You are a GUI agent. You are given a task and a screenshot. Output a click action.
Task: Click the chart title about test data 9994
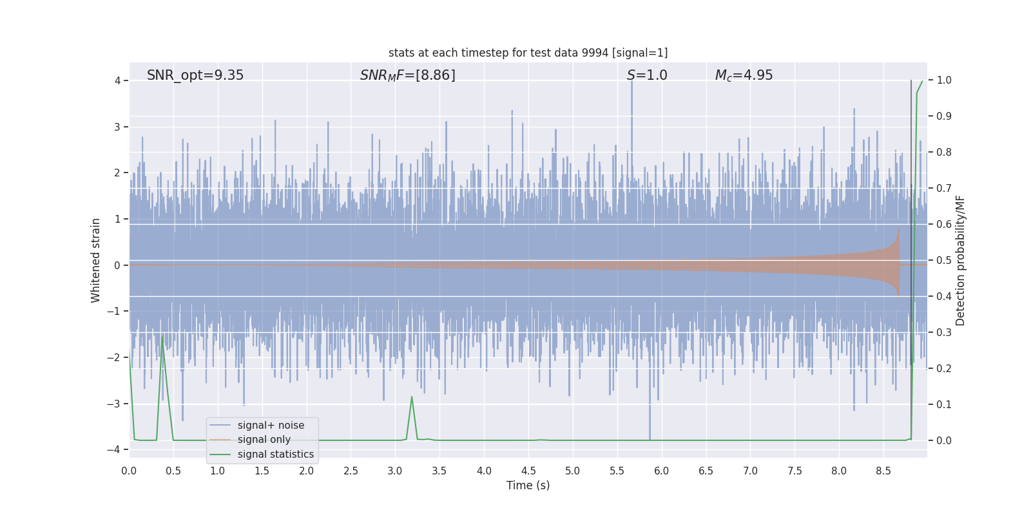pyautogui.click(x=528, y=53)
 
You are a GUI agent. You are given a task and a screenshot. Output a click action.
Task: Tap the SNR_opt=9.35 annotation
pyautogui.click(x=195, y=75)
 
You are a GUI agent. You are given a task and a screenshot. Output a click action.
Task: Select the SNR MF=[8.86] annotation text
pyautogui.click(x=407, y=75)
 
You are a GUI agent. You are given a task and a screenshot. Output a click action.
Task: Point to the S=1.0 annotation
pyautogui.click(x=647, y=75)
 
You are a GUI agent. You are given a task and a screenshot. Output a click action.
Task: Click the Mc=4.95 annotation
pyautogui.click(x=744, y=75)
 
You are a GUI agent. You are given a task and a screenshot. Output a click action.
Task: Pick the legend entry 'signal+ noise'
pyautogui.click(x=271, y=426)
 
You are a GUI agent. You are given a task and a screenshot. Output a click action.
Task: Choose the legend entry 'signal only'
pyautogui.click(x=264, y=440)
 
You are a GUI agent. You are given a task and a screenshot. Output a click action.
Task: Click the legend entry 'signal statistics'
pyautogui.click(x=275, y=454)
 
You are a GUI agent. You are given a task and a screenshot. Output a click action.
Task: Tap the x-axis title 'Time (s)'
pyautogui.click(x=528, y=485)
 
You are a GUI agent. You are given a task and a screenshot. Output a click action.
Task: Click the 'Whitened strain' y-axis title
pyautogui.click(x=96, y=260)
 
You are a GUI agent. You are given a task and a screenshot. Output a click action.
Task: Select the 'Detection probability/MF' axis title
pyautogui.click(x=960, y=260)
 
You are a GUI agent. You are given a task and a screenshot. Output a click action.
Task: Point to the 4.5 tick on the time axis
pyautogui.click(x=528, y=471)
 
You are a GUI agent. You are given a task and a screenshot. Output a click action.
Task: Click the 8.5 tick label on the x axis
pyautogui.click(x=883, y=471)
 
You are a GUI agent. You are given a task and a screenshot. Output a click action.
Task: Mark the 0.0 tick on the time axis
pyautogui.click(x=129, y=471)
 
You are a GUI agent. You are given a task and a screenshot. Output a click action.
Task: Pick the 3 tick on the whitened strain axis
pyautogui.click(x=117, y=127)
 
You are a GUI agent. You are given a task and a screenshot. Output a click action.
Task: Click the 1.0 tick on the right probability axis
pyautogui.click(x=944, y=80)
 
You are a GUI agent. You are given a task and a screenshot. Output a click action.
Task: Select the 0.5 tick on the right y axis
pyautogui.click(x=944, y=261)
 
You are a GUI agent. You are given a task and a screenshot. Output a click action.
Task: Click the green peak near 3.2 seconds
pyautogui.click(x=412, y=397)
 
